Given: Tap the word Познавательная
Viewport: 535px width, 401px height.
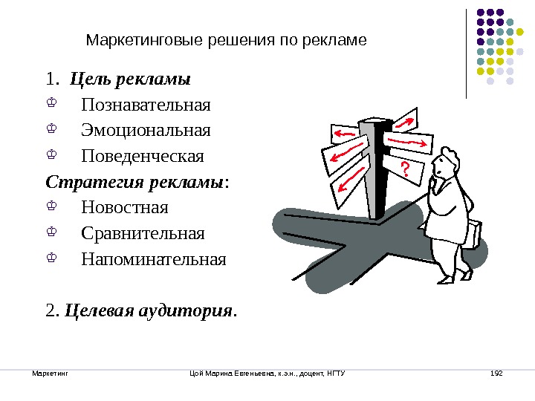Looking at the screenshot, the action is [x=146, y=104].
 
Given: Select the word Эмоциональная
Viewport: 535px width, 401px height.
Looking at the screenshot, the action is [x=146, y=131].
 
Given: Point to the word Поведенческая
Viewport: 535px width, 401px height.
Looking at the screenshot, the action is [x=143, y=157].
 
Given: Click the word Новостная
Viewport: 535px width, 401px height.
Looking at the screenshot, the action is [x=126, y=207].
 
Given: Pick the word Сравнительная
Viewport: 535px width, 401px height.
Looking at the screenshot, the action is [x=143, y=234].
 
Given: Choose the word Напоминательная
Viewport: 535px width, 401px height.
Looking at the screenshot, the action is [x=153, y=260].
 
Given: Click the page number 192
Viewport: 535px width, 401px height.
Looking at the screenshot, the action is [x=497, y=372].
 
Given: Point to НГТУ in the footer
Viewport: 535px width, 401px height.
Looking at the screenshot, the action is [x=336, y=372].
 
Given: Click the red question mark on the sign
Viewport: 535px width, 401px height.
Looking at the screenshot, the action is [x=404, y=170].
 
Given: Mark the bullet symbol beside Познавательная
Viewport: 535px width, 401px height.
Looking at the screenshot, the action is [x=51, y=104].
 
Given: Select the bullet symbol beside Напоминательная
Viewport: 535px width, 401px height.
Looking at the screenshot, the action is [x=51, y=260].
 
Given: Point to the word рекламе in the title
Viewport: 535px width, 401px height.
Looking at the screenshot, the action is [x=342, y=40].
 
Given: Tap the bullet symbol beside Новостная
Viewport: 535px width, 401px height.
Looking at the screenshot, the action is [x=51, y=207].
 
